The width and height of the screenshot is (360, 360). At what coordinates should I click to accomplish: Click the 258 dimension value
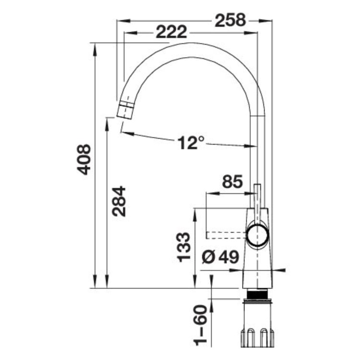(230, 20)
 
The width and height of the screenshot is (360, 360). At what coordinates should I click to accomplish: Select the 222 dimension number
(171, 32)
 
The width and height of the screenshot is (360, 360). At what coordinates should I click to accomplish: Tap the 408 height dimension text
(84, 159)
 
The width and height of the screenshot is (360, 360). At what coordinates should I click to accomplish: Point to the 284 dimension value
(119, 201)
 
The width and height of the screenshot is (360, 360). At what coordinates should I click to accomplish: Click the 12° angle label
(191, 143)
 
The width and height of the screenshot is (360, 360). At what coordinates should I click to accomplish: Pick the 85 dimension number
(232, 181)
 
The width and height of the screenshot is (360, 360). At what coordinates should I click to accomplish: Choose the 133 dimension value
(184, 247)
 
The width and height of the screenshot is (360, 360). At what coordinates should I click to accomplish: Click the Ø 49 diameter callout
(220, 257)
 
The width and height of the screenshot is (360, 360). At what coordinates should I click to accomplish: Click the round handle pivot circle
(257, 236)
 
